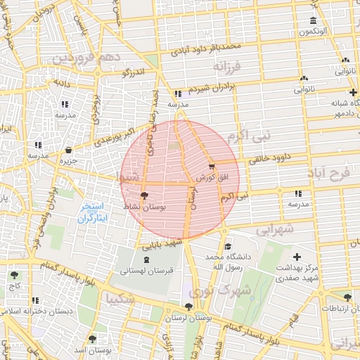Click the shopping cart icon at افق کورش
pos(212,167)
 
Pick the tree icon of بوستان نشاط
pos(144,196)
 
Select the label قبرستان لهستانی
pos(147,270)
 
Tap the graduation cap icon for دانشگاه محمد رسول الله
pos(228,247)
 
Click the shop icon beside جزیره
pos(68,150)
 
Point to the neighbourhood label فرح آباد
pos(333,173)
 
